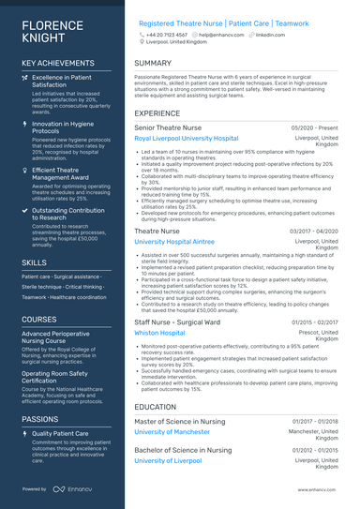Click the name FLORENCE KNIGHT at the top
pos(51,31)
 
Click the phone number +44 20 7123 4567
pos(167,34)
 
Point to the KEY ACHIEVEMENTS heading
pos(58,64)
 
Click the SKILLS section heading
pos(34,262)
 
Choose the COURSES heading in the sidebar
pos(39,319)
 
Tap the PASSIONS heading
pos(41,418)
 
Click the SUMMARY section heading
pos(153,64)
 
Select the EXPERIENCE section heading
pos(157,112)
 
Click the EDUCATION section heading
pos(155,408)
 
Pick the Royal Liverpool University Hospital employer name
pos(186,138)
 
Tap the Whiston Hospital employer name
pos(159,332)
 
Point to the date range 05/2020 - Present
pos(315,127)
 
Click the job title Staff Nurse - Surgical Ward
pos(177,321)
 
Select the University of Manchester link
pos(172,432)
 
